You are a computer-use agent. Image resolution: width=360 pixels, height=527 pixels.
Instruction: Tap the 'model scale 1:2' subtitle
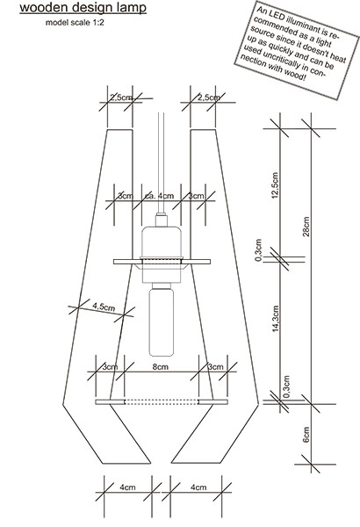pyautogui.click(x=75, y=23)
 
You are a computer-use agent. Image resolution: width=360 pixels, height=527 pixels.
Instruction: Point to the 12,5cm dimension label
pyautogui.click(x=276, y=185)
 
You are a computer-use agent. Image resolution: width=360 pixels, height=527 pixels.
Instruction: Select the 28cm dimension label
pyautogui.click(x=306, y=227)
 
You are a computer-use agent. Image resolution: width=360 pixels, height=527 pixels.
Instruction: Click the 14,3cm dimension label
pyautogui.click(x=276, y=319)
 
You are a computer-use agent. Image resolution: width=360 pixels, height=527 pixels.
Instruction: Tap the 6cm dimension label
pyautogui.click(x=306, y=434)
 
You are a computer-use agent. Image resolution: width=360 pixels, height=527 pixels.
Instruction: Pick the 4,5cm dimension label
pyautogui.click(x=104, y=307)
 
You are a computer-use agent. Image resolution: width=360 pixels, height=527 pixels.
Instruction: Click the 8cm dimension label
pyautogui.click(x=161, y=366)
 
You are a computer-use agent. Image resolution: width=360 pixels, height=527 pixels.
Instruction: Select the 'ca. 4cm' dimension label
pyautogui.click(x=159, y=196)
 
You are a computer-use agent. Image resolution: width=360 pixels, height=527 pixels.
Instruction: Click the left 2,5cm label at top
pyautogui.click(x=121, y=97)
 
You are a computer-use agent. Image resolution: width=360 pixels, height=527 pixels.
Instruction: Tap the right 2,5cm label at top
pyautogui.click(x=209, y=97)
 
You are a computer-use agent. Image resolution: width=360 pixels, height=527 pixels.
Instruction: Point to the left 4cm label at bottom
pyautogui.click(x=127, y=487)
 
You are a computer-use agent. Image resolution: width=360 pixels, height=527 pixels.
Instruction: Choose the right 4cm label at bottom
pyautogui.click(x=198, y=487)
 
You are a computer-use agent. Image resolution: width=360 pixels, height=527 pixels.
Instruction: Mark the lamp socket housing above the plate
pyautogui.click(x=162, y=242)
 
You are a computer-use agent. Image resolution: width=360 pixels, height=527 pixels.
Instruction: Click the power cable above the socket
pyautogui.click(x=162, y=163)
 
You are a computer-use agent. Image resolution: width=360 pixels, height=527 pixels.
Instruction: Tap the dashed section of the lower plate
pyautogui.click(x=162, y=402)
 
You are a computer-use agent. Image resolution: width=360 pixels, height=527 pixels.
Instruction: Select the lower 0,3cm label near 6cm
pyautogui.click(x=286, y=386)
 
